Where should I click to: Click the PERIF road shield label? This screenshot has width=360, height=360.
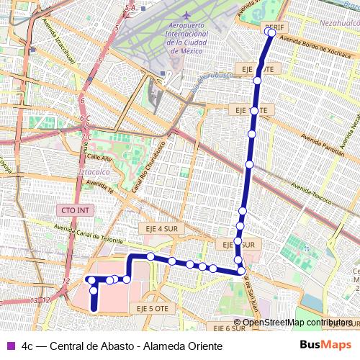click(275, 27)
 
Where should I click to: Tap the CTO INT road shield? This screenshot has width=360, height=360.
click(75, 210)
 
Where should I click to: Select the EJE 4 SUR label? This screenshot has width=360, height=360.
click(160, 228)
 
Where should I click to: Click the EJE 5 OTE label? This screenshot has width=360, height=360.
click(153, 308)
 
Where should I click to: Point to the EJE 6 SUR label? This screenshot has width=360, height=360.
click(230, 328)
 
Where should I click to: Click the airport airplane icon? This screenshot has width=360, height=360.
click(187, 14)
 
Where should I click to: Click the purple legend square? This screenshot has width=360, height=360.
click(10, 346)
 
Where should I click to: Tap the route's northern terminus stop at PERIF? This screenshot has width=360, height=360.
click(271, 32)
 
